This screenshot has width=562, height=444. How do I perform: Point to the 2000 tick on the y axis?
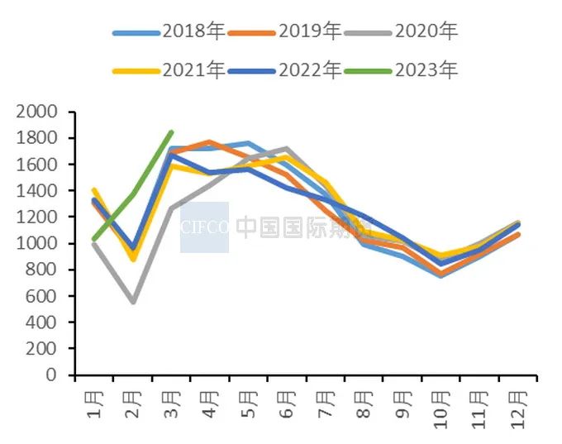(x=38, y=112)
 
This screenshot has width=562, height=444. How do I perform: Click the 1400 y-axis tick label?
(x=38, y=190)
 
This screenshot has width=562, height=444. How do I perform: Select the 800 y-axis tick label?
(x=43, y=270)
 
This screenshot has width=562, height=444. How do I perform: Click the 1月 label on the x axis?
(x=94, y=405)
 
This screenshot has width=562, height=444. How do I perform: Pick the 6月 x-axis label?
(x=287, y=405)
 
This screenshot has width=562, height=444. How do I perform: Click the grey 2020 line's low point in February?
(x=132, y=302)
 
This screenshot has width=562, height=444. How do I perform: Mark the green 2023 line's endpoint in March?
(x=171, y=131)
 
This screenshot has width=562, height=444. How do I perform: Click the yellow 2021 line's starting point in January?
(x=93, y=189)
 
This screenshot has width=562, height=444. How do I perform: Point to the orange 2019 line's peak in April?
(x=210, y=142)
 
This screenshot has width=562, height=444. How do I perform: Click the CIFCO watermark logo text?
(x=204, y=227)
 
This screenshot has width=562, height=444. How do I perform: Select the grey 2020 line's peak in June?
(x=287, y=149)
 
